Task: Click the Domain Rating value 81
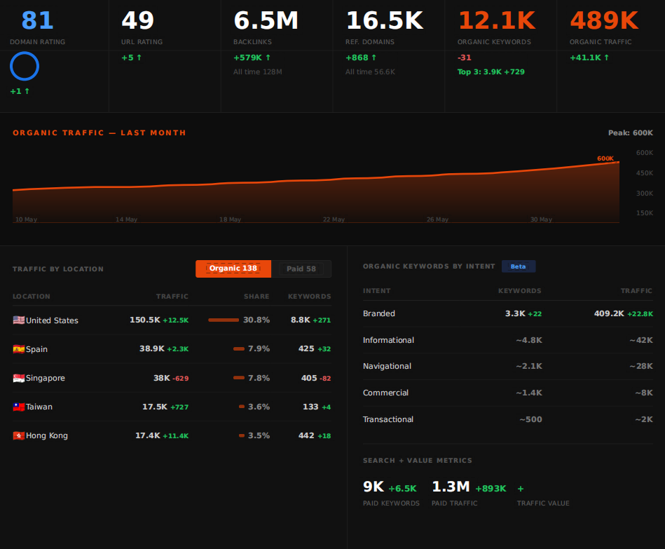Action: (37, 20)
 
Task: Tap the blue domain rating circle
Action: (25, 52)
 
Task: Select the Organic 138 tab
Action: (233, 269)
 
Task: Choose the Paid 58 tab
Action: (301, 269)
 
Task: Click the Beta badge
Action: (519, 266)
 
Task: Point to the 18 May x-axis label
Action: (230, 219)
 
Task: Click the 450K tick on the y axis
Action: (645, 173)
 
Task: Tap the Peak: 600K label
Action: (631, 133)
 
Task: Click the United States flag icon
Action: (19, 320)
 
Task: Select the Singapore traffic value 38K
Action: (162, 378)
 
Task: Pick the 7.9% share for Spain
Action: (259, 348)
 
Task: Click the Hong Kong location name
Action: (47, 435)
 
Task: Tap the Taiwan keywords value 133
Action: (310, 407)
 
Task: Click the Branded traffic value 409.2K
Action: (609, 313)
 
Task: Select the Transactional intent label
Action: (388, 419)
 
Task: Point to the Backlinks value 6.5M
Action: (266, 20)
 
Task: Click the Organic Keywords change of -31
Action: (465, 57)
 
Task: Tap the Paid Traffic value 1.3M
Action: (451, 487)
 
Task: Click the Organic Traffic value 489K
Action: (604, 20)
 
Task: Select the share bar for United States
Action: (224, 320)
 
